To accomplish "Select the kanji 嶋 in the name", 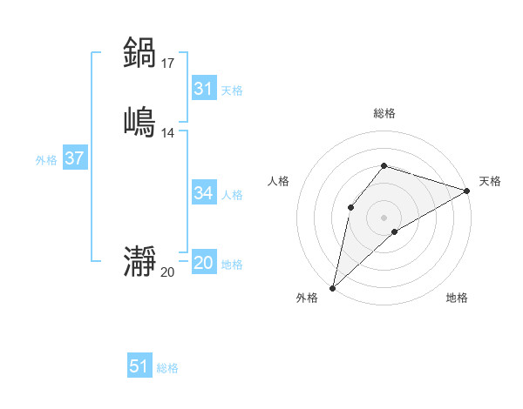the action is (139, 121).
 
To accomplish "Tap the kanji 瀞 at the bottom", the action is (139, 262).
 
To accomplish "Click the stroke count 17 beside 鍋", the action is (167, 63).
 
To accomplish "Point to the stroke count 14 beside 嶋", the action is (167, 132).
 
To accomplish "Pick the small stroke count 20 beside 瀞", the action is (167, 272).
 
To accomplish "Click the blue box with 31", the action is (204, 89).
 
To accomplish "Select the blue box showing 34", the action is (204, 193).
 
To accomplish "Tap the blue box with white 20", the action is (204, 264).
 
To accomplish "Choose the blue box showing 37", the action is (75, 159).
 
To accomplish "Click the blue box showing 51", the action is (139, 366).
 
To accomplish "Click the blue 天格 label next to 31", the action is (232, 90).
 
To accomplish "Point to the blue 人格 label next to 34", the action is (232, 194).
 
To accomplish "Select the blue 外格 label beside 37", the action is (46, 160).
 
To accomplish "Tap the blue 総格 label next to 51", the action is (167, 368).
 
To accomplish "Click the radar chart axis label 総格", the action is (384, 113).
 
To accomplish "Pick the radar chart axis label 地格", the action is (457, 298).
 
